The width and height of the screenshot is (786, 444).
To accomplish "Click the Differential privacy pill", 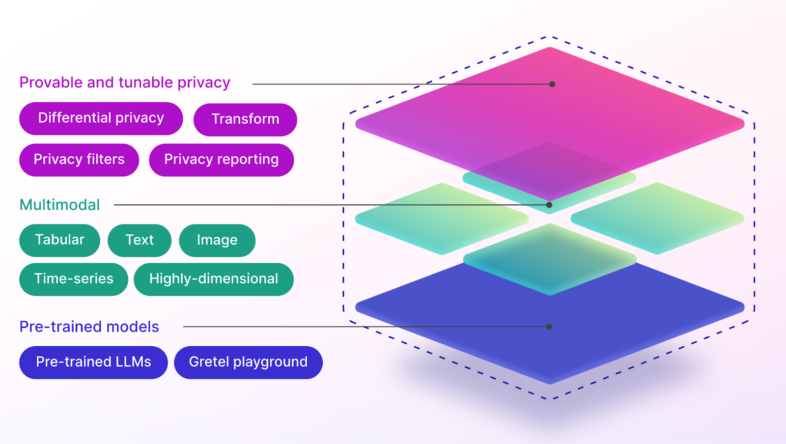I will (101, 118).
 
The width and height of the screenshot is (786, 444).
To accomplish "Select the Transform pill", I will (245, 119).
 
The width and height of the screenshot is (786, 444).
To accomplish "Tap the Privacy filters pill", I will (79, 160).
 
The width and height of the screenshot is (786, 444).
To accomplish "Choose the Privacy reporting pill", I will (221, 160).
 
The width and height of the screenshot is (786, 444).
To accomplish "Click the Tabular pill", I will (59, 240).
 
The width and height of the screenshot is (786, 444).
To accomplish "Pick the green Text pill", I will (140, 240).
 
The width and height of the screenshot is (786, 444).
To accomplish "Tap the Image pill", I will (217, 240).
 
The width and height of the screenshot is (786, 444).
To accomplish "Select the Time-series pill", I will (74, 279).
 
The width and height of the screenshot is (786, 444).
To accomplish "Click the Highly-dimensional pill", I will (214, 279).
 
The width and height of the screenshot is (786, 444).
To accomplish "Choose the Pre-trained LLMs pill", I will (93, 362).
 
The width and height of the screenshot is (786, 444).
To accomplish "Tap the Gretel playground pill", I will (248, 362).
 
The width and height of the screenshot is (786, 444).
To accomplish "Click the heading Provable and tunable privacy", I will (125, 83).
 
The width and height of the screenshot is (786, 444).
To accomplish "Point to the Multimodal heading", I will (59, 205).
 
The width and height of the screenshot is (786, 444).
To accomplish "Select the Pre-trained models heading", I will (89, 327).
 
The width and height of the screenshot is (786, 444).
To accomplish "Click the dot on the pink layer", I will (552, 84).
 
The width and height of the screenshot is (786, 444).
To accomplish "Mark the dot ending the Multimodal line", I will (549, 205).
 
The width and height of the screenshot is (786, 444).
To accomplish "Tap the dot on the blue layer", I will (549, 327).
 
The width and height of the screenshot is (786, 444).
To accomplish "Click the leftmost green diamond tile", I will (442, 219).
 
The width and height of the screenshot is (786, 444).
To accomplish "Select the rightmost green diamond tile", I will (657, 219).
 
